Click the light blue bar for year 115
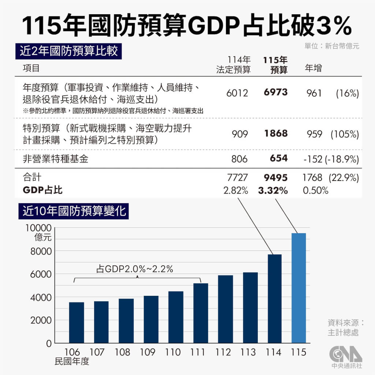tap(298, 288)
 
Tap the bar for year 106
tap(76, 322)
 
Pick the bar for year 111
tap(201, 313)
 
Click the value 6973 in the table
tap(275, 92)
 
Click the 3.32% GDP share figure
tap(273, 190)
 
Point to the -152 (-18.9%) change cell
tap(331, 159)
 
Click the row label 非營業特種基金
tap(56, 159)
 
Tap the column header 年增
tap(313, 68)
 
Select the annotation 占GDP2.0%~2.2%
tap(135, 269)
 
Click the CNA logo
tap(345, 353)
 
